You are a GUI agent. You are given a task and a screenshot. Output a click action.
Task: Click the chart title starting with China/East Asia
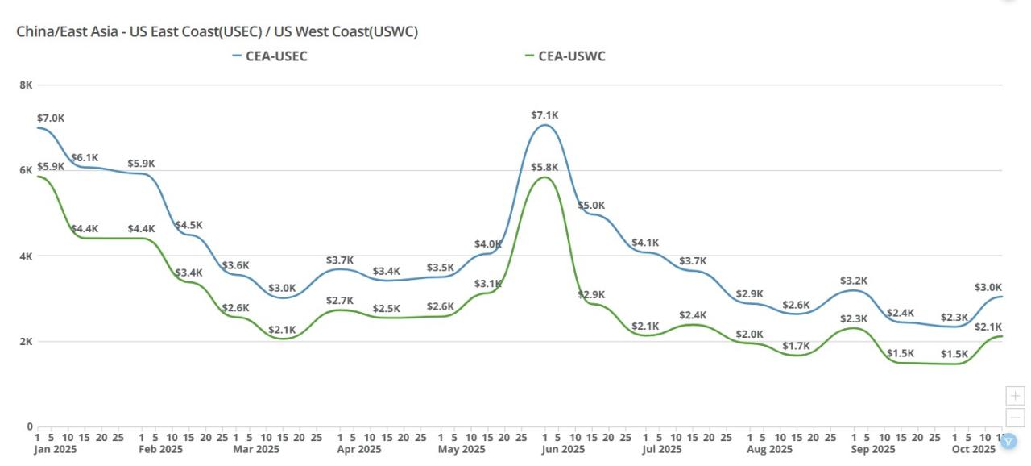[217, 31]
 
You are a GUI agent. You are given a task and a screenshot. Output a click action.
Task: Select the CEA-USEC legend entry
[275, 56]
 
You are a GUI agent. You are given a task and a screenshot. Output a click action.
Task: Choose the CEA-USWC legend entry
[570, 56]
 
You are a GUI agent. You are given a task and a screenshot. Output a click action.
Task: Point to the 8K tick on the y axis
[26, 85]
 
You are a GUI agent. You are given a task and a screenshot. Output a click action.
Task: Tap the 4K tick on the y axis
[26, 256]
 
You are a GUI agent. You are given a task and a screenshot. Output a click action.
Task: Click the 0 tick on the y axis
[29, 426]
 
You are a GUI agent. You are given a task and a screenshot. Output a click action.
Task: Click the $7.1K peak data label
[544, 115]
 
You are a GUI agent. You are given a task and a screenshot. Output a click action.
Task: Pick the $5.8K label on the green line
[544, 167]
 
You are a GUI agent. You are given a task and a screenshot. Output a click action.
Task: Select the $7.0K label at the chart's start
[51, 118]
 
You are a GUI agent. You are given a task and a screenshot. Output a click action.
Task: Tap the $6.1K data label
[85, 157]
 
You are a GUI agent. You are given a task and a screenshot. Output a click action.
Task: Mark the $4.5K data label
[189, 225]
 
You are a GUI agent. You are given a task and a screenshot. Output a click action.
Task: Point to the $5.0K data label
[591, 206]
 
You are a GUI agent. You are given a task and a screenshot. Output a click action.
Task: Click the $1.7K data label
[797, 346]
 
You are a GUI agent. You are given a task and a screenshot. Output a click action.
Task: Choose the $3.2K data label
[854, 281]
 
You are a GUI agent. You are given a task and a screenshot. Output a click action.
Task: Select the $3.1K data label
[488, 284]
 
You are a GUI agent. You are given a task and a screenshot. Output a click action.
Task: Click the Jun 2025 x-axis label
[562, 449]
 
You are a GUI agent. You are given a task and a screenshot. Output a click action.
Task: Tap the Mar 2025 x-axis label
[257, 449]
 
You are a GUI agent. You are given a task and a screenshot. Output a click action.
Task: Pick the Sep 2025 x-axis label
[872, 449]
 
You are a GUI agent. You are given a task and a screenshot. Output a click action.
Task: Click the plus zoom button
[1016, 396]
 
